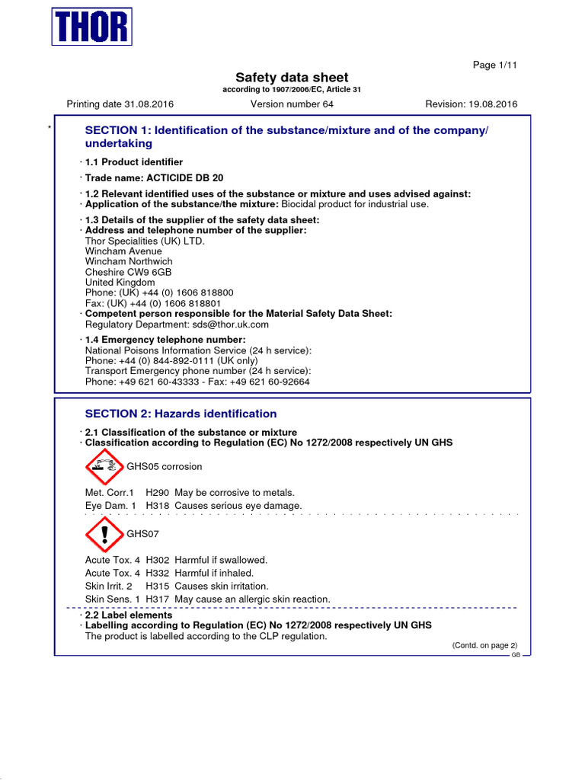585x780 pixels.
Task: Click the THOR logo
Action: point(92,26)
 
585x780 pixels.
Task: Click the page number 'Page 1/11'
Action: point(495,66)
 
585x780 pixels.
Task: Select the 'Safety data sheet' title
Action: point(292,77)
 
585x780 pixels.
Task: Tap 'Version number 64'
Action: point(292,104)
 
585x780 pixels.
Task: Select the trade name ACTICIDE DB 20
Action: point(174,178)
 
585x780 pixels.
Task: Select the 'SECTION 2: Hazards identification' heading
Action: point(181,414)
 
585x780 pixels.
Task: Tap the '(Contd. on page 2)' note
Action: point(484,645)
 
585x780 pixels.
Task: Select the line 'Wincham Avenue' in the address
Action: point(123,251)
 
